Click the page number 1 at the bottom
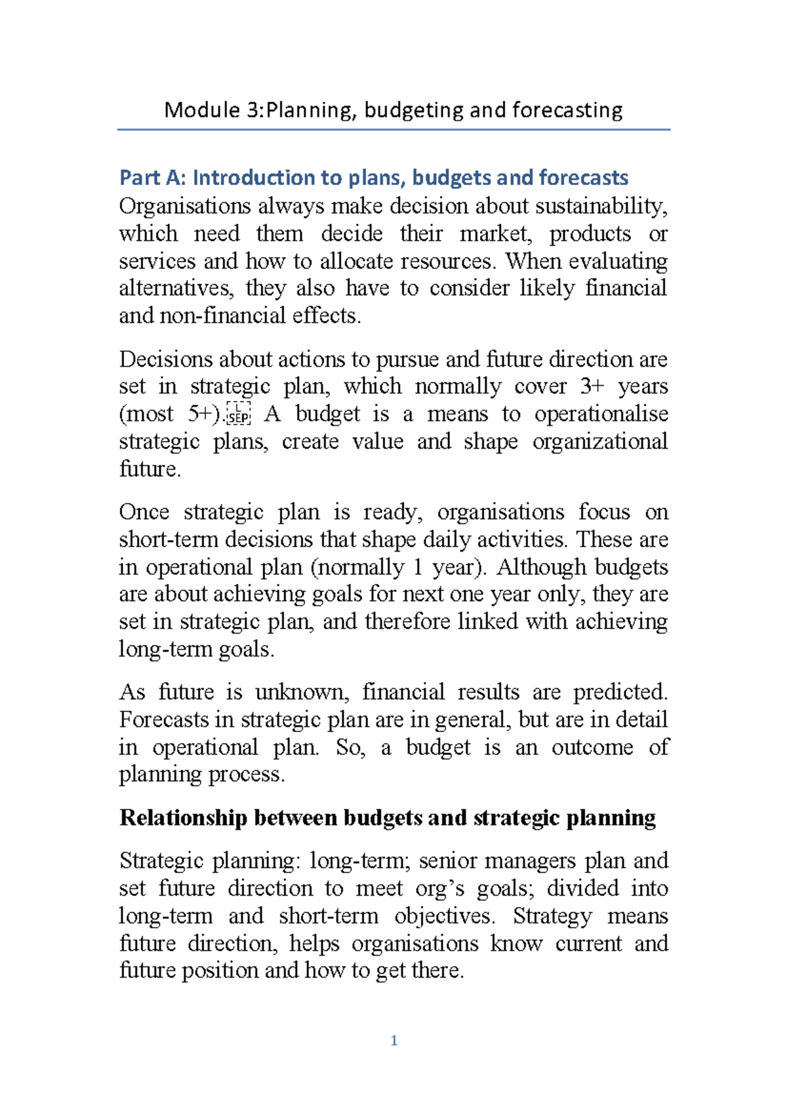point(393,1041)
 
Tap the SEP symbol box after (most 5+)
point(239,415)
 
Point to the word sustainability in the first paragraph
point(601,207)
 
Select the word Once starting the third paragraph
point(144,512)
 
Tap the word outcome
point(592,747)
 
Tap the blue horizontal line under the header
point(393,130)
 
